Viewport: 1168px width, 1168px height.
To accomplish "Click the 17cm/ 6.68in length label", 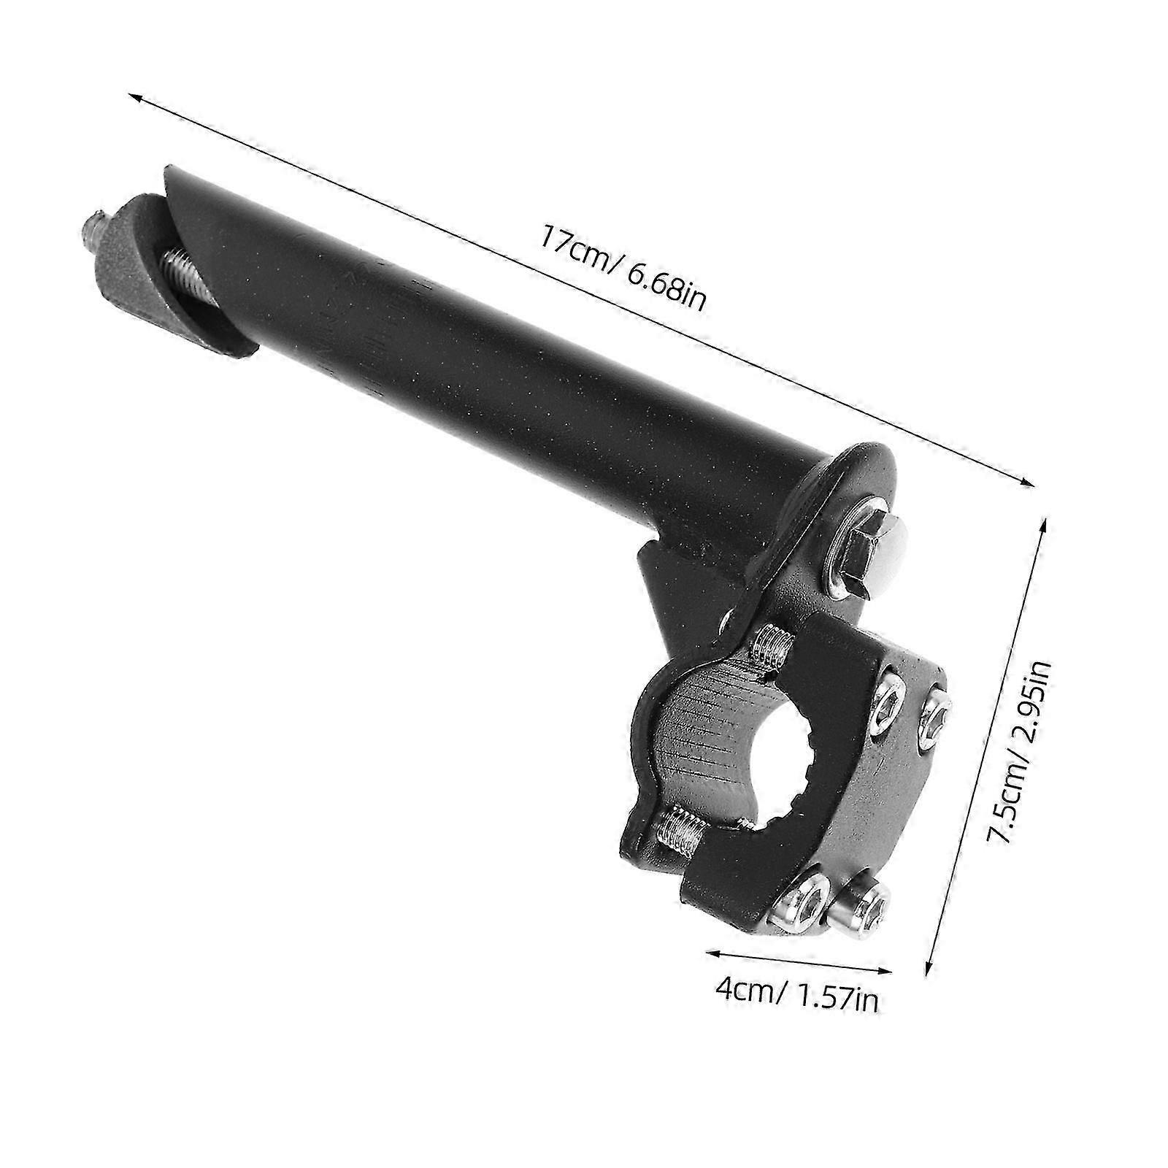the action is [623, 269].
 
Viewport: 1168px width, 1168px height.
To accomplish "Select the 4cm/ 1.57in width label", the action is [796, 997].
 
